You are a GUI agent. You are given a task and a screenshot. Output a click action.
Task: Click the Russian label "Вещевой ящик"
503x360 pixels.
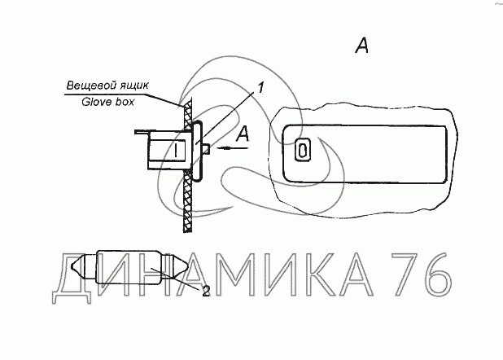click(x=107, y=86)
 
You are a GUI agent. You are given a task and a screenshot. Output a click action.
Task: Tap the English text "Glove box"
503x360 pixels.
click(x=107, y=102)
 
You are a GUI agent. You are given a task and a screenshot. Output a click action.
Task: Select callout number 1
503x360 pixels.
click(x=260, y=87)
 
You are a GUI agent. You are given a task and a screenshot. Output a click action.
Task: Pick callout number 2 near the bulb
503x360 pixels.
click(x=206, y=291)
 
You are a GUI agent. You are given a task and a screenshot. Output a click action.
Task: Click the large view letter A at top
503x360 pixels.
click(x=361, y=46)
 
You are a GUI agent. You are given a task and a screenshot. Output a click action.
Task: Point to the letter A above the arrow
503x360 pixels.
click(x=243, y=134)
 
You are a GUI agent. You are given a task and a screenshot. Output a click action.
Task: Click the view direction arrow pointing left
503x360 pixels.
click(x=233, y=148)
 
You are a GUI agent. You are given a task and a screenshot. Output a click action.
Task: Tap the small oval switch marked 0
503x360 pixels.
click(x=303, y=150)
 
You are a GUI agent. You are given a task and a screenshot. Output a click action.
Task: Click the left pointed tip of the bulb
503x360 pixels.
click(x=72, y=266)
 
